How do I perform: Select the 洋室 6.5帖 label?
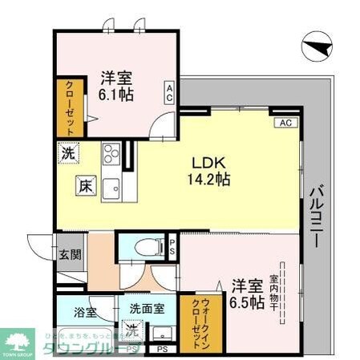click(247, 294)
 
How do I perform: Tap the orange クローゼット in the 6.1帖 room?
click(67, 107)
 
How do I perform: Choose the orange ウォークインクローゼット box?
click(196, 319)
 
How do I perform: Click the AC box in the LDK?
click(284, 123)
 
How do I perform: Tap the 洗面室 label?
click(148, 308)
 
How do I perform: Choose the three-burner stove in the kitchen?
click(111, 152)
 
